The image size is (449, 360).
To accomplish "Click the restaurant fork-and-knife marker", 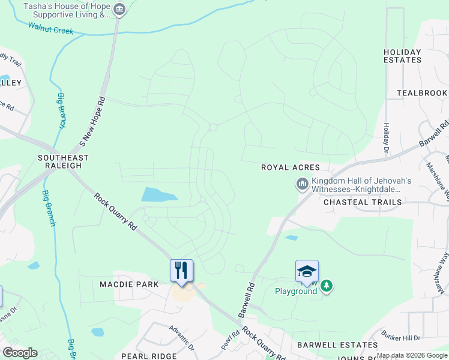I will click(x=182, y=270).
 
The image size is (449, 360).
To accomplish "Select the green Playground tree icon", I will click(x=326, y=286).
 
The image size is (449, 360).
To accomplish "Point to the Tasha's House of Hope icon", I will click(x=119, y=9).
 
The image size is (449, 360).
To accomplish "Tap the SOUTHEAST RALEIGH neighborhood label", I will click(x=63, y=162).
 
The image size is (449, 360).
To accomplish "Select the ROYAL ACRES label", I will click(x=290, y=167).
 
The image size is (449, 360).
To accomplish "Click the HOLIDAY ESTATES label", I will click(x=402, y=56).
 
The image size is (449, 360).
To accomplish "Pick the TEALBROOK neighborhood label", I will click(x=422, y=93).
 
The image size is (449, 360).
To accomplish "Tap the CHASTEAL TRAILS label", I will click(x=363, y=202).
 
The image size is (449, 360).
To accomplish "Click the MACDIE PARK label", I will click(x=129, y=284).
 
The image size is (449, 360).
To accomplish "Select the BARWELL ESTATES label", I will click(x=337, y=345).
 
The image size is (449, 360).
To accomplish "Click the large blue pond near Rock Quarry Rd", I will click(x=159, y=194).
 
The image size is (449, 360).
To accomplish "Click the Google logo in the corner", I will click(x=20, y=353).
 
